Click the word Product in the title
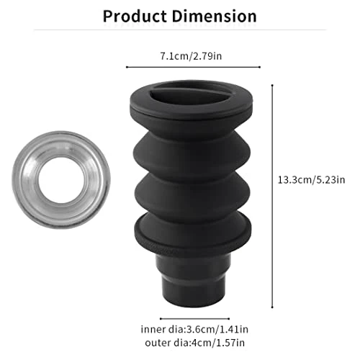[135, 17]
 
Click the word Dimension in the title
[214, 17]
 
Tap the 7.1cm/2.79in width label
[191, 56]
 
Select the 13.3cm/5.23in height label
[311, 180]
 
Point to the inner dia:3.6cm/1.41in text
[194, 329]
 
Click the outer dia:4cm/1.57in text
[194, 343]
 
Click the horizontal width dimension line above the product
[193, 67]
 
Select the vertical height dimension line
[272, 196]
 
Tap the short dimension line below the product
[194, 319]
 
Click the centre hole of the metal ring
[61, 180]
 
